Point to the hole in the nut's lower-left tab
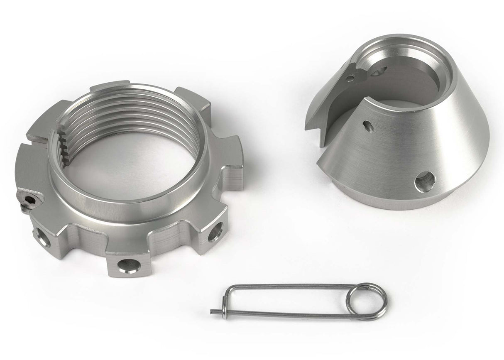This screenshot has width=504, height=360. click(42, 236)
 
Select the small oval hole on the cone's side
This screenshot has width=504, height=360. click(367, 125)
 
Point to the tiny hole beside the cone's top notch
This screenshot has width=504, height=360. click(352, 77)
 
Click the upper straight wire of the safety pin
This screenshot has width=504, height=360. click(291, 286)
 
